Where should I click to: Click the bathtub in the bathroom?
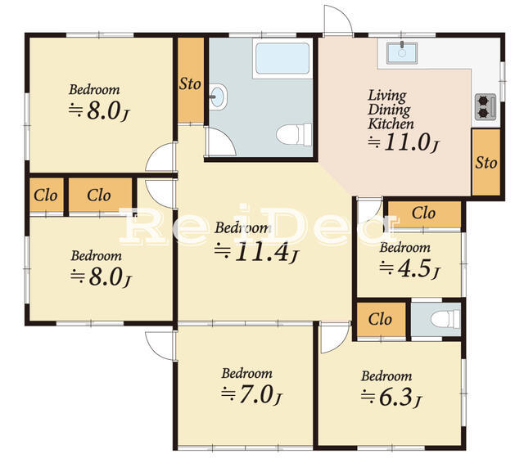tap(282, 58)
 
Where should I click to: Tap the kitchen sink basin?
tap(402, 52)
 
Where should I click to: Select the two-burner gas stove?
tap(486, 107)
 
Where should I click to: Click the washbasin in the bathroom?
tap(218, 97)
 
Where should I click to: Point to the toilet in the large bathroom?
tap(294, 134)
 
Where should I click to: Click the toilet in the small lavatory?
tap(445, 319)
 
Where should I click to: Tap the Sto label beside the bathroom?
tap(190, 83)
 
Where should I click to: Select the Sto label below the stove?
tap(486, 163)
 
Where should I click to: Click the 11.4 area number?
tap(261, 252)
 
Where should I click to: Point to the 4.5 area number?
tap(416, 268)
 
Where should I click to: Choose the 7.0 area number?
tap(256, 394)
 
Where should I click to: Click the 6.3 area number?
tap(396, 398)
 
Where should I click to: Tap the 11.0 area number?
tap(407, 142)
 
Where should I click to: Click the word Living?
tap(387, 97)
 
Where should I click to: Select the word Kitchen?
tap(391, 124)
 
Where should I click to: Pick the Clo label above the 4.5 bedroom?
tap(423, 213)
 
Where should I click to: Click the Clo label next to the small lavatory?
tap(380, 319)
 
